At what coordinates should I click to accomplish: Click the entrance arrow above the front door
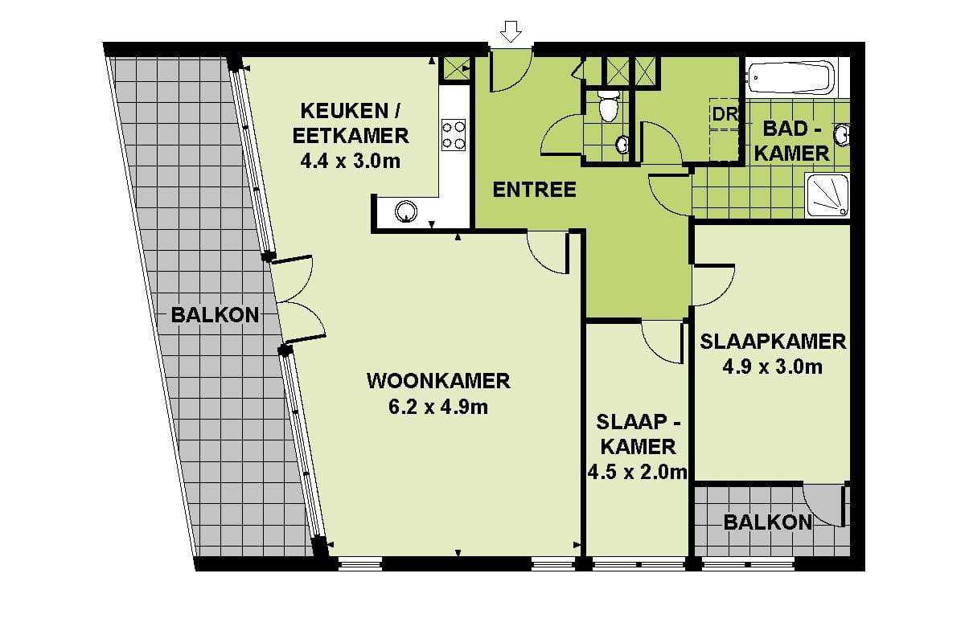(511, 31)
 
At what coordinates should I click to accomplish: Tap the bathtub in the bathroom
(791, 77)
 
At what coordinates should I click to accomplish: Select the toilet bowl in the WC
(608, 105)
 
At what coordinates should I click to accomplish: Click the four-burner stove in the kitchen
(454, 135)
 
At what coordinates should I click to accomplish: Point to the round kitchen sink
(406, 211)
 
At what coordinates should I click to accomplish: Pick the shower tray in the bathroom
(827, 195)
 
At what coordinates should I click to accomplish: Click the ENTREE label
(534, 190)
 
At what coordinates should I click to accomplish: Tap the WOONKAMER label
(438, 381)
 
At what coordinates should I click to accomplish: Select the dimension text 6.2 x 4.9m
(438, 407)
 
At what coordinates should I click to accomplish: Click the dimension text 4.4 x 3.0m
(351, 161)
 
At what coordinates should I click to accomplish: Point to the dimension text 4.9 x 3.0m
(773, 367)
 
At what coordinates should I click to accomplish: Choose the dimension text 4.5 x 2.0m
(637, 473)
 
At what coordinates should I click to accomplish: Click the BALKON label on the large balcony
(215, 315)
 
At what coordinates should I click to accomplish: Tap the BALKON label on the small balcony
(768, 522)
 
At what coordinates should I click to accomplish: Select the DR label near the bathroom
(725, 114)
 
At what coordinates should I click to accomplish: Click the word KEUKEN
(344, 111)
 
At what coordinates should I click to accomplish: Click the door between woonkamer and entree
(548, 253)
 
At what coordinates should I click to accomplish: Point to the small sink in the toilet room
(622, 145)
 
